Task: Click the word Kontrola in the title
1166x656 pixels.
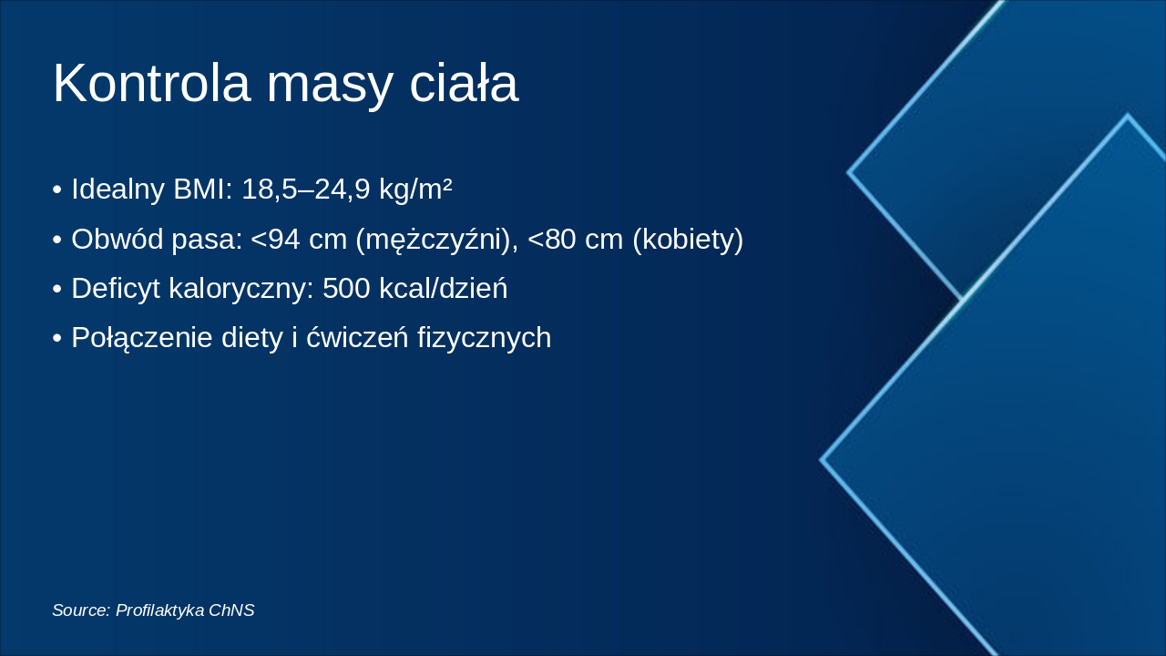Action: point(151,84)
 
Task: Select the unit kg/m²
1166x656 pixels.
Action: point(415,190)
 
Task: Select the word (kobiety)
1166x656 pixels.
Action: point(688,239)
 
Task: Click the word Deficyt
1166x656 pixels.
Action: point(115,288)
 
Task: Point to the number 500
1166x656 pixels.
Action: point(346,288)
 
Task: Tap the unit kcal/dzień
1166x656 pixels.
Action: point(443,288)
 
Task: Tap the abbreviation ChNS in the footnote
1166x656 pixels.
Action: point(231,610)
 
